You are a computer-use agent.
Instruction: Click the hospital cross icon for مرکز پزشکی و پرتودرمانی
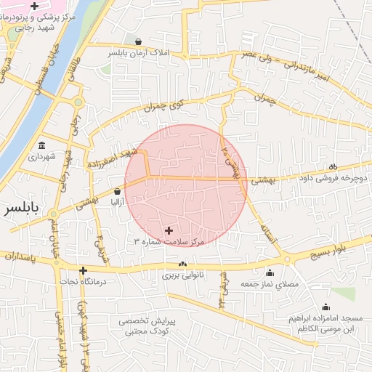[35, 6]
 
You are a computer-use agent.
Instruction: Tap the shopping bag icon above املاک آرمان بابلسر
[138, 41]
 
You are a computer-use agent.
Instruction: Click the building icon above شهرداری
[41, 144]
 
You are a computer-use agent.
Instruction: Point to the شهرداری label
[41, 155]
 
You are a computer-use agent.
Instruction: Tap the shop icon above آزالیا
[117, 192]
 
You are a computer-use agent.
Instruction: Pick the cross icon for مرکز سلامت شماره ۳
[170, 230]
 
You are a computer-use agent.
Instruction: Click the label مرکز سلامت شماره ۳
[170, 241]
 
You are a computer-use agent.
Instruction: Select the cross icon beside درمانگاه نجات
[83, 270]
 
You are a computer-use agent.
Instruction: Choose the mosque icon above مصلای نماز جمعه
[270, 273]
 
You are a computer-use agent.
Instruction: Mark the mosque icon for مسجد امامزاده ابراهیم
[325, 307]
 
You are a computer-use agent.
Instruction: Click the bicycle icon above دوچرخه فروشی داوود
[333, 165]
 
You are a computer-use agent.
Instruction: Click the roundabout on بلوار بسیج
[287, 259]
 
